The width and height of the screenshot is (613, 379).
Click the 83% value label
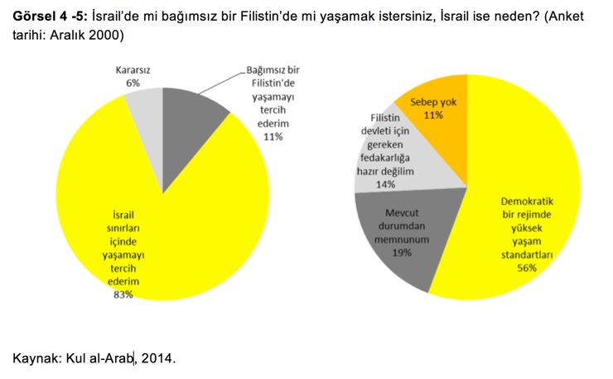pyautogui.click(x=122, y=294)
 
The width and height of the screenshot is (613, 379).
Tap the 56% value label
pyautogui.click(x=527, y=268)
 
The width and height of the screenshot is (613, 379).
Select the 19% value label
pyautogui.click(x=403, y=252)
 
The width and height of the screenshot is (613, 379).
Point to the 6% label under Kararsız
pyautogui.click(x=133, y=84)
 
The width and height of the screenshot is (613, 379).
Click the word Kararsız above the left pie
pyautogui.click(x=133, y=70)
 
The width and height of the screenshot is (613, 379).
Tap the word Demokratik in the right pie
pyautogui.click(x=528, y=200)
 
